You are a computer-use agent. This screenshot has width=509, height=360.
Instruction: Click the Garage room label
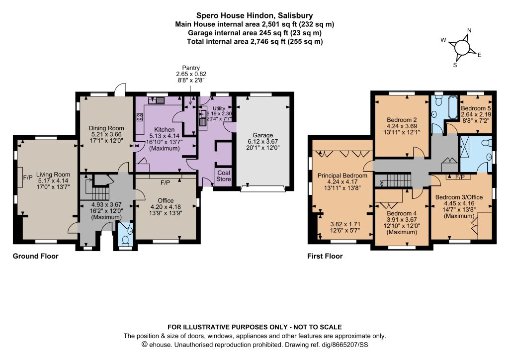point(262,135)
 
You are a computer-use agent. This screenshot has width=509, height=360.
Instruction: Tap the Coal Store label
point(224,176)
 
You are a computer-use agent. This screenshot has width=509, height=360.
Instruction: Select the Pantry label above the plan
point(191,68)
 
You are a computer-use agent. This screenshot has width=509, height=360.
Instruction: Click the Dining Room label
point(106,128)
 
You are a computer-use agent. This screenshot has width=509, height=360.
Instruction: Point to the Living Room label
point(53,175)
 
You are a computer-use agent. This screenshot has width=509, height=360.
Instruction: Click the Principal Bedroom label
point(342,176)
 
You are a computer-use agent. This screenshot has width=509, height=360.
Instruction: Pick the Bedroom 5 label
point(476,108)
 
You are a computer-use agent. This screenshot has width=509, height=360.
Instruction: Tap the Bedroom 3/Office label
point(459,197)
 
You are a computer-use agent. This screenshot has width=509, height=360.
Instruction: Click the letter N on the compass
point(469,30)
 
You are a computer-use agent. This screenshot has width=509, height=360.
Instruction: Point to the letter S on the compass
point(455,65)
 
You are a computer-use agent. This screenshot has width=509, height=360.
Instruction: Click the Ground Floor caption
point(35,256)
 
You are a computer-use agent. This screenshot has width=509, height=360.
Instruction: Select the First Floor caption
point(325,256)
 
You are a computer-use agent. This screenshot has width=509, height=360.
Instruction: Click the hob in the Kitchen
point(140,117)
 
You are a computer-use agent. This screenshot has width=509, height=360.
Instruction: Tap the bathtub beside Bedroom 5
point(452,107)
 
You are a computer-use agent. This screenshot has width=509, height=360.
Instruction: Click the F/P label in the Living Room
point(28,178)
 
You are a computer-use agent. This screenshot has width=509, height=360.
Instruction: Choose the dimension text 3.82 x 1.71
point(345,224)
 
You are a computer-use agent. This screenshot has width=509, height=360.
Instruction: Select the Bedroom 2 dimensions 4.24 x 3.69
point(402,126)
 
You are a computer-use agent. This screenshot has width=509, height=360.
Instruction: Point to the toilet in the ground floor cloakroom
point(125,240)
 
